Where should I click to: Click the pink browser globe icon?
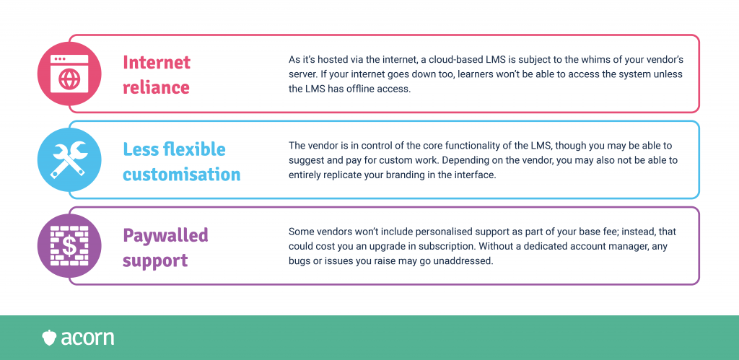coord(69,74)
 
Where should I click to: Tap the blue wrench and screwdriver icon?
coord(69,159)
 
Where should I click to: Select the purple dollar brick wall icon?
coord(69,245)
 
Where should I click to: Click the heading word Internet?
coord(157,62)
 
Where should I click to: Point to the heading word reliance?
coord(156,87)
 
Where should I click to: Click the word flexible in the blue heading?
coord(194,149)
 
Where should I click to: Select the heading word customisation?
coord(182,175)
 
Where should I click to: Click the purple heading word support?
coord(156,261)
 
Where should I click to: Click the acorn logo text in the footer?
coord(87,338)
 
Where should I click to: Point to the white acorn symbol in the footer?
coord(49,338)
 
